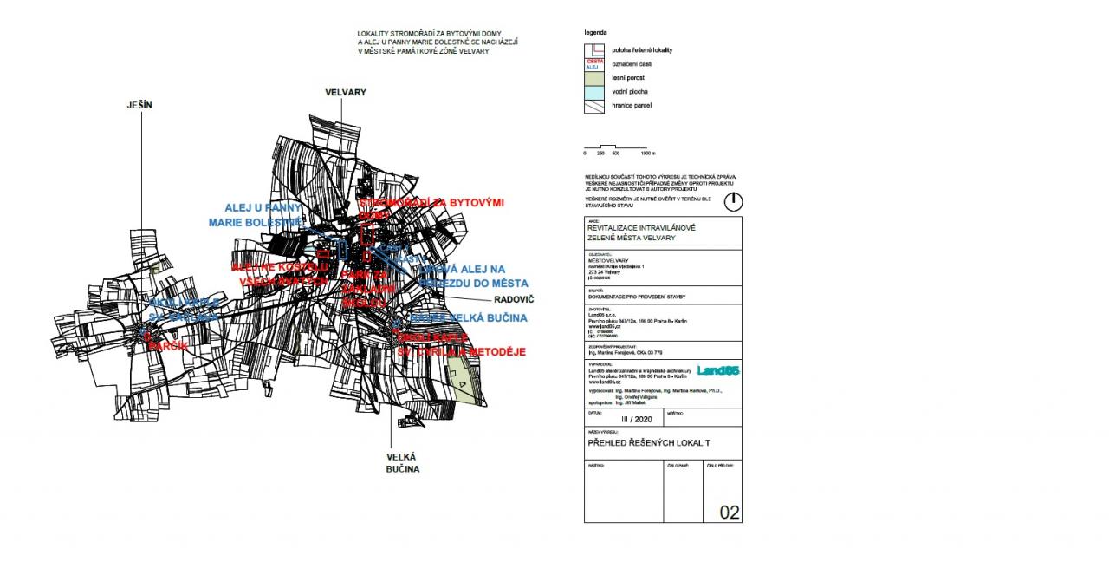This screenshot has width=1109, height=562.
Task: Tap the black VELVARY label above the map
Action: (347, 92)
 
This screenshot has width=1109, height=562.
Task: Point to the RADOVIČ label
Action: (515, 299)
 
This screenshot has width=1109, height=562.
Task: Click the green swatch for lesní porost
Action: (594, 78)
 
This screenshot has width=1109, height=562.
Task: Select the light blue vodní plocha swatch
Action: (594, 91)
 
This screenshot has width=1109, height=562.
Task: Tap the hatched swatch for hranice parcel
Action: (594, 105)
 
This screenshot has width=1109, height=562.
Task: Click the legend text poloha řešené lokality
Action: (642, 50)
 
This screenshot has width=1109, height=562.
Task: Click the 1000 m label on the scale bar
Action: (648, 154)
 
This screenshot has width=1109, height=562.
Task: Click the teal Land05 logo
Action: (718, 371)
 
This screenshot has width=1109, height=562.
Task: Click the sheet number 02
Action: (730, 513)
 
